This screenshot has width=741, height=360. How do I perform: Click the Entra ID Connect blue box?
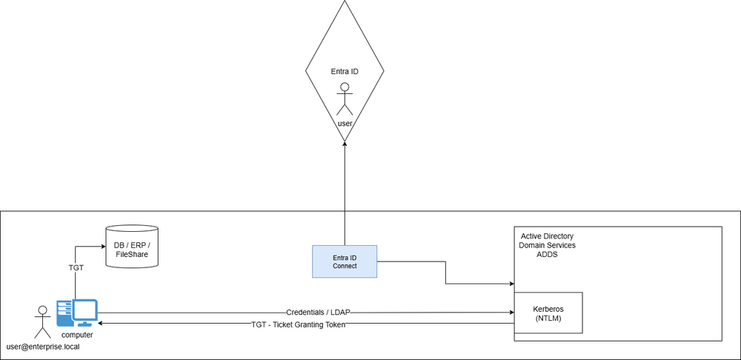click(345, 261)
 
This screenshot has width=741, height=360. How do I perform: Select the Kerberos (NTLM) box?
click(548, 313)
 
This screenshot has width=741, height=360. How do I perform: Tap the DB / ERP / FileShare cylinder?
click(132, 246)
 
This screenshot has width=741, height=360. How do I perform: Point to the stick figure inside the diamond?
click(345, 99)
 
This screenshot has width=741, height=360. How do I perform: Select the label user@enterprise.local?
click(43, 346)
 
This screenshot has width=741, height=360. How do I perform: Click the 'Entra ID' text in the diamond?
click(345, 72)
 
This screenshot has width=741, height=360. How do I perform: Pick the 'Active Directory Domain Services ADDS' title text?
click(548, 244)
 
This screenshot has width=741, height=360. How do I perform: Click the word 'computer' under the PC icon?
click(77, 336)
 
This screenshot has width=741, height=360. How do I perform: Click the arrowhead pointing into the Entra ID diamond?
click(345, 144)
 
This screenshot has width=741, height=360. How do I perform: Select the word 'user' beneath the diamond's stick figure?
click(345, 123)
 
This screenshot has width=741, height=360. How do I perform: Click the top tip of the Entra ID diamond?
click(345, 2)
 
